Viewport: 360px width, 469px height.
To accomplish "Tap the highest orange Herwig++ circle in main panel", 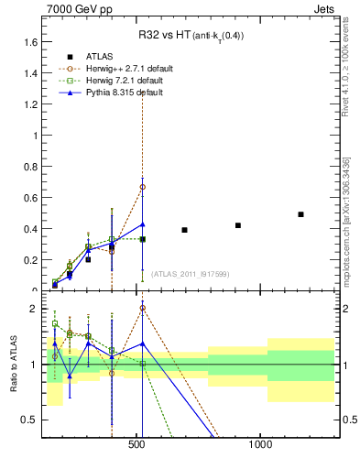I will point(142,187).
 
